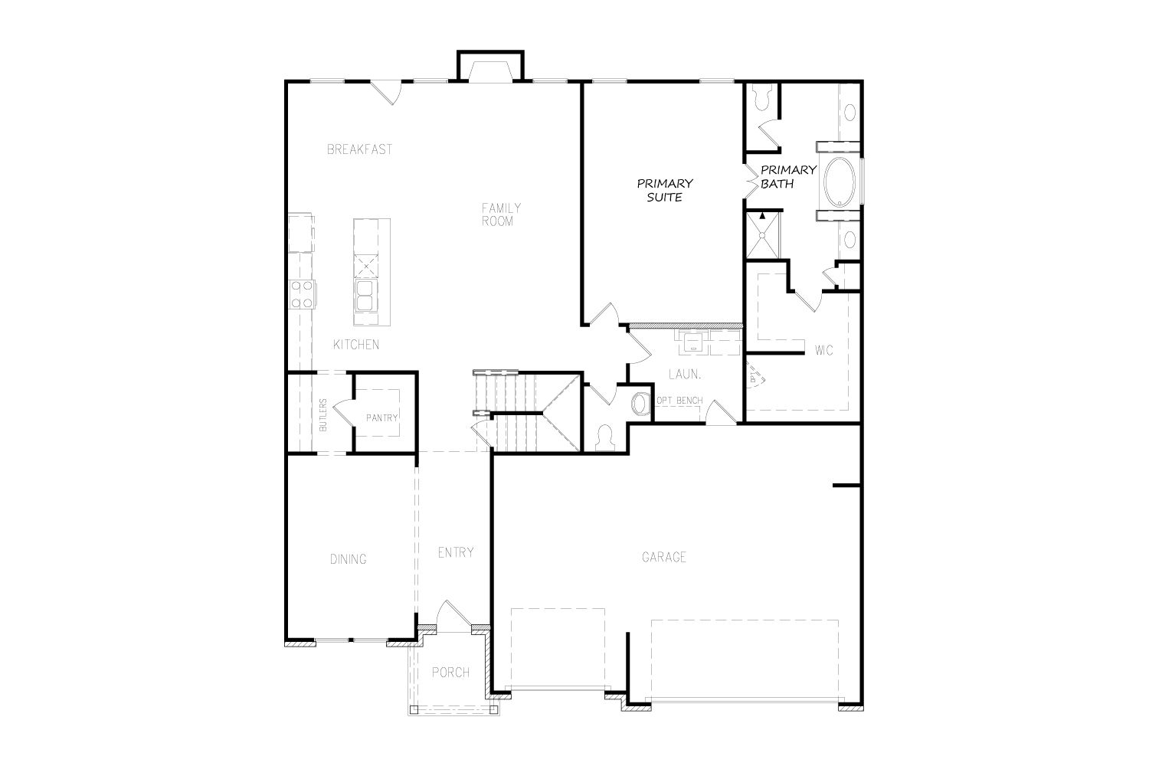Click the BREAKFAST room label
point(359,149)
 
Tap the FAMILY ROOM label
point(501,214)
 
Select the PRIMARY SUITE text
point(665,190)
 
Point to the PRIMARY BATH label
point(788,176)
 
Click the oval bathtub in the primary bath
point(840,182)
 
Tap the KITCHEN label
point(356,345)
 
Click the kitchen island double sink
point(365,295)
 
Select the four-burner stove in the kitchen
point(302,294)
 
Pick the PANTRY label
point(381,417)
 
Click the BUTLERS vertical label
point(322,415)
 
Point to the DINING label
point(349,559)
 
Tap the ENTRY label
point(456,552)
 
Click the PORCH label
point(450,672)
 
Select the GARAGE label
point(664,557)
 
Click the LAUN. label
point(685,375)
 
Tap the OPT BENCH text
point(679,400)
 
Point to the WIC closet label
point(823,350)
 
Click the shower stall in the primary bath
point(762,235)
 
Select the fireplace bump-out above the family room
point(490,66)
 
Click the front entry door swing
point(453,614)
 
